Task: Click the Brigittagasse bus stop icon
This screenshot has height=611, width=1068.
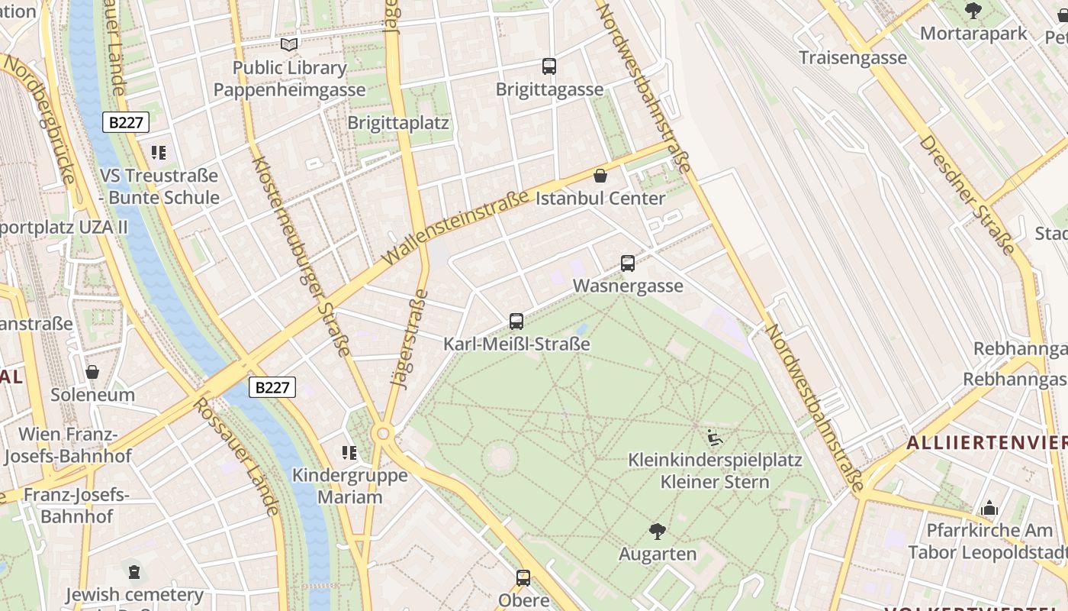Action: click(549, 66)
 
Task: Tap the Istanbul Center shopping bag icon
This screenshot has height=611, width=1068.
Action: click(600, 176)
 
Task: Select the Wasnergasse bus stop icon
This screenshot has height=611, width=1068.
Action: click(628, 263)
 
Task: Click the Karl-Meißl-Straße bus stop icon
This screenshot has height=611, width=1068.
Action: click(516, 322)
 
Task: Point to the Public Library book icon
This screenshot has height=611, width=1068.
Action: click(289, 44)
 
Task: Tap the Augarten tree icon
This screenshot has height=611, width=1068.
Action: click(657, 532)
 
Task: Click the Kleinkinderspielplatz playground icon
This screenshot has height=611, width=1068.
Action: click(715, 438)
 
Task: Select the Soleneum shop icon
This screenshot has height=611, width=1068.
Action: click(92, 372)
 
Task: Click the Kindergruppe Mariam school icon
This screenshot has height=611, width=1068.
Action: click(349, 453)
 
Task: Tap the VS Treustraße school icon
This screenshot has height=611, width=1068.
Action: click(159, 153)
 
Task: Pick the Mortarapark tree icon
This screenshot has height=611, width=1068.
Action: click(973, 11)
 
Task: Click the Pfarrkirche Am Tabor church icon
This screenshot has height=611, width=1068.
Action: click(989, 508)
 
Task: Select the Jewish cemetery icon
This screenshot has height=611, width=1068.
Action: click(134, 572)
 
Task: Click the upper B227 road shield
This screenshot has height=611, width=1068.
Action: click(126, 122)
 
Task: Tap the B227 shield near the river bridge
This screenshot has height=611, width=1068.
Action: click(272, 387)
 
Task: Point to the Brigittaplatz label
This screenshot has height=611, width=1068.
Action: click(398, 123)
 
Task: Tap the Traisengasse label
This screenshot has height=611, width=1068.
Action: click(853, 57)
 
